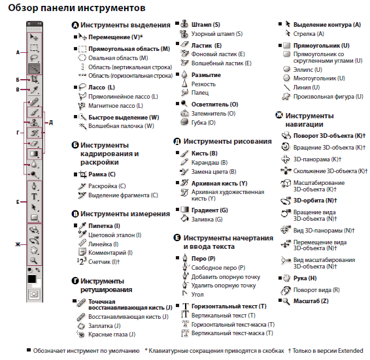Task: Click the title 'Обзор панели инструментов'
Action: pyautogui.click(x=76, y=8)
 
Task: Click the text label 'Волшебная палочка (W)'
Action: pyautogui.click(x=121, y=126)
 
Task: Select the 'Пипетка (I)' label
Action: pyautogui.click(x=104, y=226)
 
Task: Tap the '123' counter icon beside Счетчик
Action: pyautogui.click(x=82, y=261)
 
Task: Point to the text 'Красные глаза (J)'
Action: pyautogui.click(x=112, y=335)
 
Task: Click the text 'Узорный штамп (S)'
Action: pyautogui.click(x=217, y=34)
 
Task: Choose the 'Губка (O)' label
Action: pyautogui.click(x=203, y=123)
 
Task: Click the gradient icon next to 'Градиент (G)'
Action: pyautogui.click(x=185, y=210)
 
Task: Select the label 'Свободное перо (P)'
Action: pyautogui.click(x=218, y=268)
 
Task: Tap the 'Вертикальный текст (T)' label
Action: pyautogui.click(x=224, y=316)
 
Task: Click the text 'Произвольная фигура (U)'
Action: pyautogui.click(x=328, y=97)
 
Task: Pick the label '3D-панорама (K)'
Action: pyautogui.click(x=318, y=159)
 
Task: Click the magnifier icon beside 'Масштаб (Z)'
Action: pyautogui.click(x=286, y=301)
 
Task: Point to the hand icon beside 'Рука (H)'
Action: pyautogui.click(x=286, y=278)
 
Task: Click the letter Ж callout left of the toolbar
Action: pyautogui.click(x=18, y=244)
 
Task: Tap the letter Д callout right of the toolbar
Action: pyautogui.click(x=51, y=122)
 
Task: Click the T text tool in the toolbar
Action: pyautogui.click(x=34, y=197)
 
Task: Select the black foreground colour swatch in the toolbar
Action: pyautogui.click(x=32, y=279)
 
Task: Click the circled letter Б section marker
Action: pyautogui.click(x=75, y=145)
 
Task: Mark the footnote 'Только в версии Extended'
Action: pyautogui.click(x=328, y=351)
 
